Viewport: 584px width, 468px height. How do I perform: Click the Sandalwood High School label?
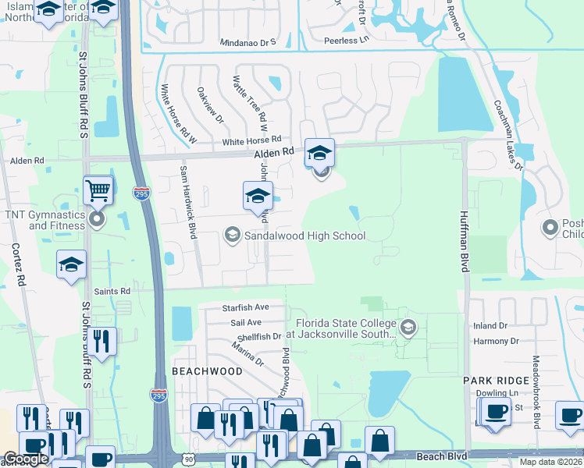pyautogui.click(x=304, y=235)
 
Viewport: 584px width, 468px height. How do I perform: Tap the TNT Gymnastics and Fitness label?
pyautogui.click(x=56, y=219)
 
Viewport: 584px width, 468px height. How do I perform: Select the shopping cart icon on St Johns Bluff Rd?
pyautogui.click(x=98, y=190)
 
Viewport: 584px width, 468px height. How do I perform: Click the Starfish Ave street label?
pyautogui.click(x=244, y=307)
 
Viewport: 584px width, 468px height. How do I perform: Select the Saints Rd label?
pyautogui.click(x=112, y=290)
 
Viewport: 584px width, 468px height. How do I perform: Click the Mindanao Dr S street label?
pyautogui.click(x=248, y=42)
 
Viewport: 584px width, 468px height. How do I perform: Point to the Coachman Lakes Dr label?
pyautogui.click(x=507, y=134)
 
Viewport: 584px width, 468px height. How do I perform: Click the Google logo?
pyautogui.click(x=26, y=459)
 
